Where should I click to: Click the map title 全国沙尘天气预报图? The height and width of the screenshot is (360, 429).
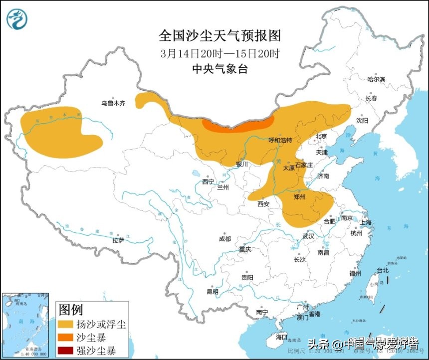219,35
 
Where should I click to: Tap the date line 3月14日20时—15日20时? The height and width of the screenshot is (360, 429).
219,53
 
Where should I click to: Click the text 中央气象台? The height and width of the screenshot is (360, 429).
219,69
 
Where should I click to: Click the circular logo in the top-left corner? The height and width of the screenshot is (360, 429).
17,18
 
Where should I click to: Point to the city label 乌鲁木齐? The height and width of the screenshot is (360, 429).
113,103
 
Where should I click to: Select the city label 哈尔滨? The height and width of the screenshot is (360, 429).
376,79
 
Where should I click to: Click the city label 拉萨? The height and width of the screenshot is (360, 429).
118,240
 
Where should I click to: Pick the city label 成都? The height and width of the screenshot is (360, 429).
225,238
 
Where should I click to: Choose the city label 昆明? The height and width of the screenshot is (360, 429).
213,292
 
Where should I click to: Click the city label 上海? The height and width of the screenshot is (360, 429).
366,222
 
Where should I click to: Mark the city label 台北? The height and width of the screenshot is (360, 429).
382,270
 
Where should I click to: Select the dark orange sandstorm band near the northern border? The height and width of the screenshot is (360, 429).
238,125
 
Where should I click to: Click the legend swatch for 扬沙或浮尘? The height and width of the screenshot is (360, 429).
66,325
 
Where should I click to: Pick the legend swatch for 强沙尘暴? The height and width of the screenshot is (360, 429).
66,350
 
